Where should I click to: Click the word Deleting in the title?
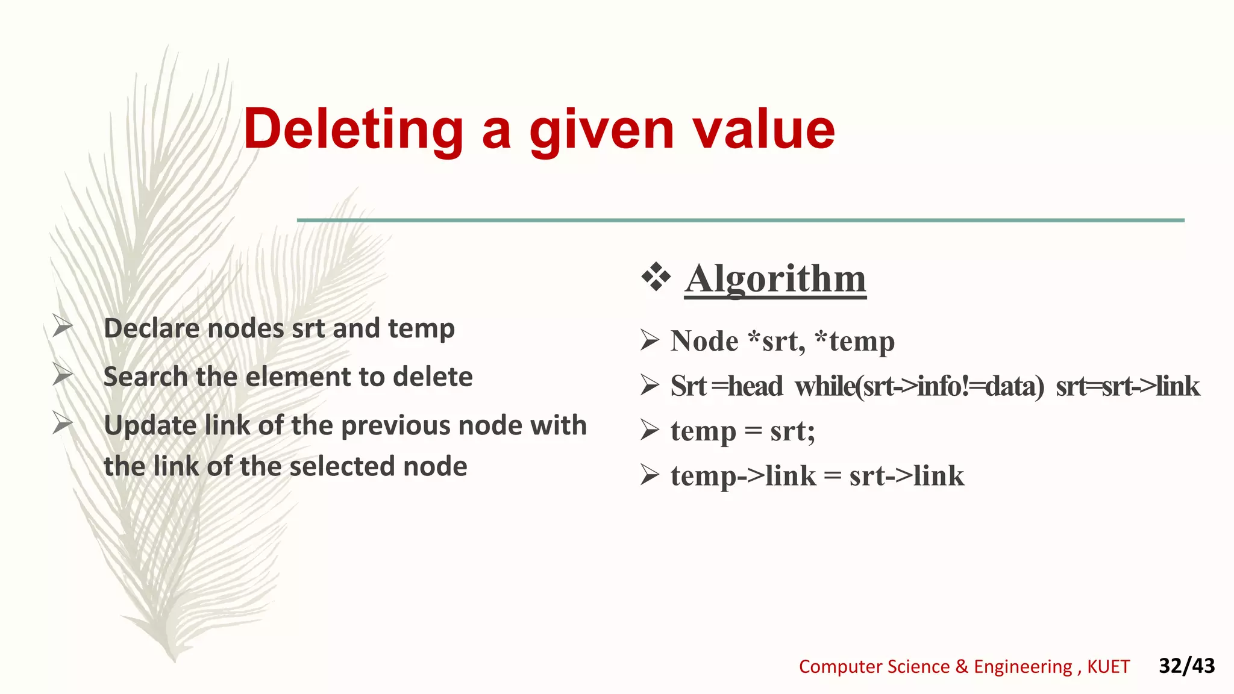pos(353,129)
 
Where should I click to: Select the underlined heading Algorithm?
pos(775,278)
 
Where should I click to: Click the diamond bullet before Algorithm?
pos(656,278)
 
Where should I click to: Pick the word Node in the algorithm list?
pos(704,341)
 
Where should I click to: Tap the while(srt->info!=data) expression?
pos(919,386)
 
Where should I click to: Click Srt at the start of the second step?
pos(687,386)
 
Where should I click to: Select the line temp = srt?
pos(742,431)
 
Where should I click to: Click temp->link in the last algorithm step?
pos(743,476)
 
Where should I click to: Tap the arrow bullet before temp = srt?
pos(650,430)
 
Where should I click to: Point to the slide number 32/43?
pos(1186,666)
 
